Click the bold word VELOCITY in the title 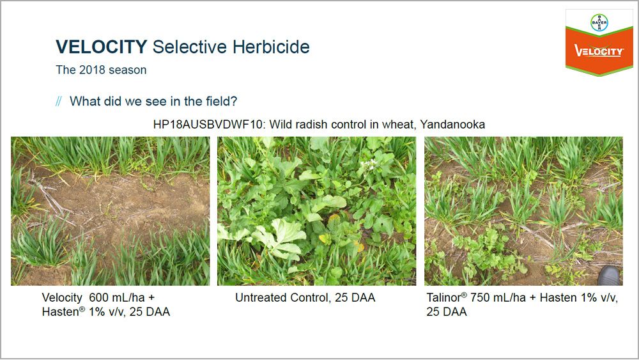coord(101,47)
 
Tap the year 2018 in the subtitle coord(92,70)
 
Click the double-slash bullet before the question coord(59,101)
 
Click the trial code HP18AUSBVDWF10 coord(208,124)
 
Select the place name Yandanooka coord(452,124)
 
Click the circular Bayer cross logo coord(599,23)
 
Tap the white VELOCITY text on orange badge coord(599,51)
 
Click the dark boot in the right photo coord(609,276)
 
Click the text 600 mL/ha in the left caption coord(118,297)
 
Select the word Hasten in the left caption coord(60,312)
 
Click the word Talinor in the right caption coord(443,297)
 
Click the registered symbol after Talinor coord(464,295)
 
